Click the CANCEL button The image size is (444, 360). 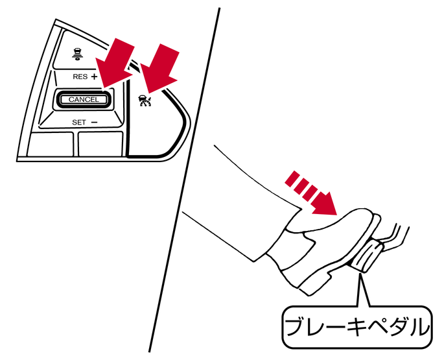click(84, 99)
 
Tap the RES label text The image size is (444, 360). click(80, 77)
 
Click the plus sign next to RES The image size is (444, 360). click(94, 77)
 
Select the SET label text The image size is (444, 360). click(78, 123)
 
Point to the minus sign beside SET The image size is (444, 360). click(94, 122)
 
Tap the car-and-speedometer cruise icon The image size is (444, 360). click(145, 101)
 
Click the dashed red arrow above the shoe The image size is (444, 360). click(312, 193)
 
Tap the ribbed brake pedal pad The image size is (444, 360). click(367, 256)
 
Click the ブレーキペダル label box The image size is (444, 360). click(357, 327)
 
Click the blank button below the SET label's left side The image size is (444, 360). click(51, 144)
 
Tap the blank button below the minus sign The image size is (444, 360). click(100, 144)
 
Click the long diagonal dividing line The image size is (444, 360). click(184, 180)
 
